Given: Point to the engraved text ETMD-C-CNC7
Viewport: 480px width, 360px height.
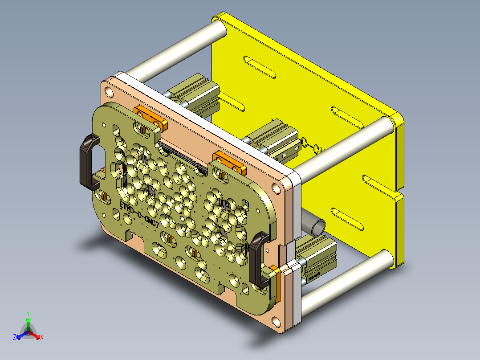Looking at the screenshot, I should click(x=139, y=214).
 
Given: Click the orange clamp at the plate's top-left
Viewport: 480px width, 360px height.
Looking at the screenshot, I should click(x=151, y=117).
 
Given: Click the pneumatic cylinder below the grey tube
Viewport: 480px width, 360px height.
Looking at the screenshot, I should click(x=317, y=261).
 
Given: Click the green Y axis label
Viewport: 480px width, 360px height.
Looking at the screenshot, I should click(x=28, y=313).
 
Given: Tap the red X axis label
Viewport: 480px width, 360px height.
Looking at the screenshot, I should click(x=42, y=337).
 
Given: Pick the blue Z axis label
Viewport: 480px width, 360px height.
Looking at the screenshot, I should click(x=15, y=337).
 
